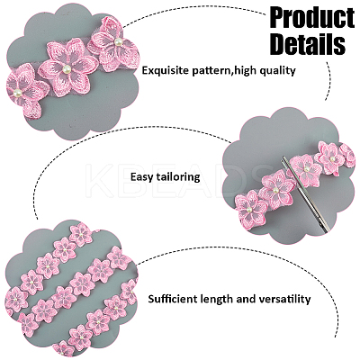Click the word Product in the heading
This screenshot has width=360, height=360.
312,18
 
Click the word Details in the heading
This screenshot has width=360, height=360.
308,44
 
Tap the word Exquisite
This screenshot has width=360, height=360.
161,71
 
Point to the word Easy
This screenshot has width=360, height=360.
140,177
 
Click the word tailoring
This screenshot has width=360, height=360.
176,177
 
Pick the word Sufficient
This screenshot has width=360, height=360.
171,299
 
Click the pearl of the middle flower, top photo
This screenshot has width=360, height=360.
66,69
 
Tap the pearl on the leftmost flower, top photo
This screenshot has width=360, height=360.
17,94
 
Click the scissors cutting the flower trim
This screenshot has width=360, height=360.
305,193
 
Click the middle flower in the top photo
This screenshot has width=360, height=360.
67,67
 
